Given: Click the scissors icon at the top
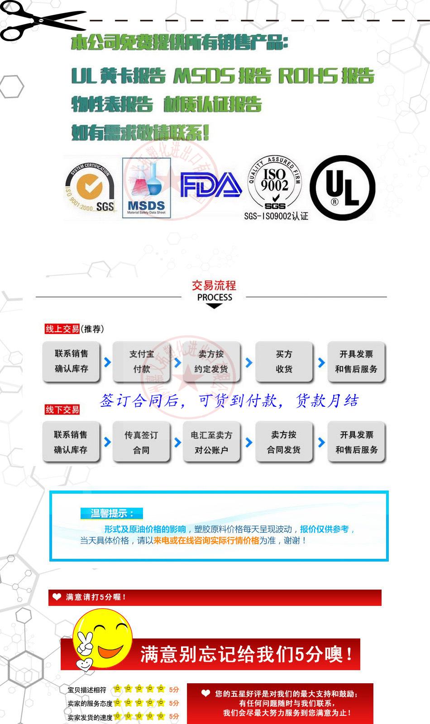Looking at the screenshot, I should click(41, 20).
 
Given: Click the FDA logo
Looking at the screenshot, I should click(210, 185).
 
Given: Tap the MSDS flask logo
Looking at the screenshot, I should click(146, 188).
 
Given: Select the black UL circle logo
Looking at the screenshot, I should click(342, 188).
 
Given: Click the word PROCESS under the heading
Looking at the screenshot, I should click(215, 297).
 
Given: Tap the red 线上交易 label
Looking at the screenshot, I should click(62, 329).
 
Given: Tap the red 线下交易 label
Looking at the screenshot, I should click(62, 410).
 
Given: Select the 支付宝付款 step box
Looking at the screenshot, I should click(141, 362).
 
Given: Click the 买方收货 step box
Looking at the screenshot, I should click(284, 362).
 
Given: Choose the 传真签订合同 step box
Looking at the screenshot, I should click(141, 442).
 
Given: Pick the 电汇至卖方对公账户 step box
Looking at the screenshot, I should click(211, 442).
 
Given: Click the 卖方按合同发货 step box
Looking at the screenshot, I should click(284, 442).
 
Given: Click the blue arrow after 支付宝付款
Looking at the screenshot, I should click(178, 362).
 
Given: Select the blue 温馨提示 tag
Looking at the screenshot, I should click(111, 514).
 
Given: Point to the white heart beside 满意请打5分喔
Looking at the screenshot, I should click(57, 597).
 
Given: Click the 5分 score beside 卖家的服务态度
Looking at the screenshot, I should click(174, 703).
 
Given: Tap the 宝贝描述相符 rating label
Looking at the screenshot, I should click(87, 690).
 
